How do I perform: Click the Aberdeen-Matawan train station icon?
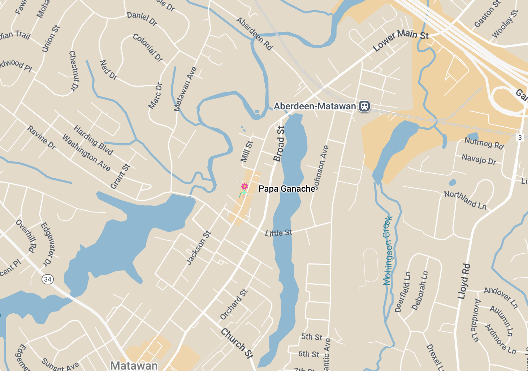pos(364,106)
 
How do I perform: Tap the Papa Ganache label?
pos(287,189)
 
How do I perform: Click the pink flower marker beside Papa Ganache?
pos(244,186)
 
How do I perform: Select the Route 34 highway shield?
pos(48,279)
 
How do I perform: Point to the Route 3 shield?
pos(520,138)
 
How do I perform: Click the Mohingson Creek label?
pos(388,250)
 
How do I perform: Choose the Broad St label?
pos(279,144)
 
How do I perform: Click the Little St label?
pos(278,233)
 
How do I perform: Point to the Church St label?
pos(237,343)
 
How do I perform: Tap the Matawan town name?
pos(134,365)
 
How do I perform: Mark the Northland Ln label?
pos(465,200)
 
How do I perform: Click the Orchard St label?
pos(234,304)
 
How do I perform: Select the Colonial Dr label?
pos(148,47)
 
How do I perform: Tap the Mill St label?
pos(247,151)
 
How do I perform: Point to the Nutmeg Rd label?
pos(484,143)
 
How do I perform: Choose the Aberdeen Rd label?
pos(254,34)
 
